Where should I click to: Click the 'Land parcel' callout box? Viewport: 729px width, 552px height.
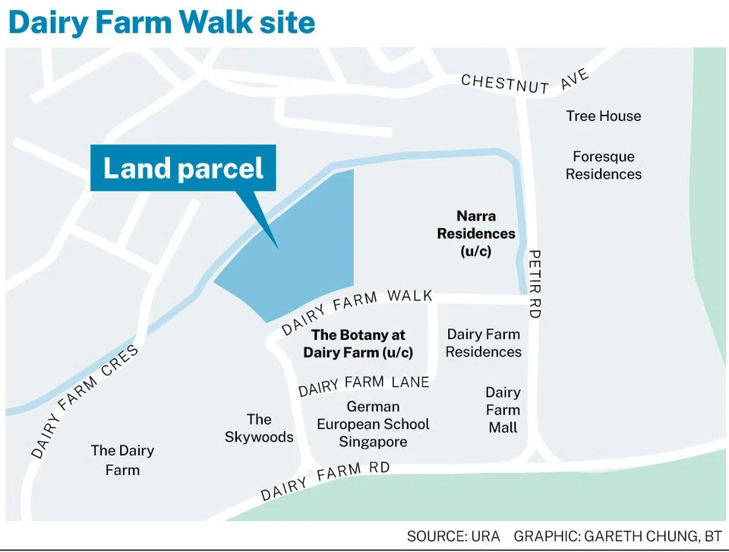point(183,168)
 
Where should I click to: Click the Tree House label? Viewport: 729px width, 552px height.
point(603,116)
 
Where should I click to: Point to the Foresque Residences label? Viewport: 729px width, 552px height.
point(603,165)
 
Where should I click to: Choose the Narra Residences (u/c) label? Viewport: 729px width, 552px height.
point(475,233)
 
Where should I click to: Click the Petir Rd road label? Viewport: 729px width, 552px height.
point(534,284)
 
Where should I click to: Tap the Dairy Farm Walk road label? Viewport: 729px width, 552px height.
point(357,310)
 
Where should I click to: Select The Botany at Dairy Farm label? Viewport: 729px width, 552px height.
point(358,344)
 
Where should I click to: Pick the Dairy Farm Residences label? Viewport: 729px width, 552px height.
point(484,343)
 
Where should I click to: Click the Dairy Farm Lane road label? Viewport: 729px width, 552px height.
point(364,385)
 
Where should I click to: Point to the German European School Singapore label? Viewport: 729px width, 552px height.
point(373,424)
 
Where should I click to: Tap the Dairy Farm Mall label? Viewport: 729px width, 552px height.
point(503,410)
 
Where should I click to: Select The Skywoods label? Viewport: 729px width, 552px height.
point(259,428)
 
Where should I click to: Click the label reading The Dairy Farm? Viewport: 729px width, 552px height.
point(122,460)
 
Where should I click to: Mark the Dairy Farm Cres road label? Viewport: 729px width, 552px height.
point(85,401)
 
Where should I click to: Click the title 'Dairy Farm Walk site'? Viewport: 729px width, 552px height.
point(161,23)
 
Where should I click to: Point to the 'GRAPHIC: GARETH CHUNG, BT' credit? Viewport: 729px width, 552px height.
point(617,537)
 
